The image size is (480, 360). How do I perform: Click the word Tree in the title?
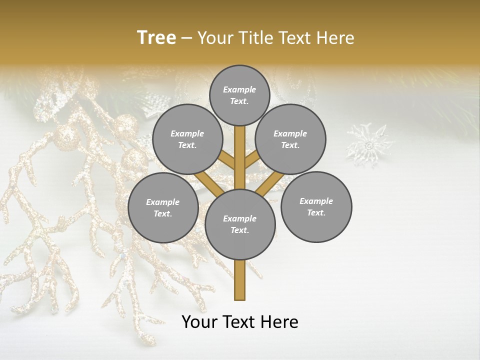pyautogui.click(x=156, y=37)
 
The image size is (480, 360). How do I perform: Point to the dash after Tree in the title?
pyautogui.click(x=186, y=38)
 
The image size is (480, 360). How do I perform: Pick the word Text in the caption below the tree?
pyautogui.click(x=241, y=322)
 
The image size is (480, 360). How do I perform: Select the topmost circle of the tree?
pyautogui.click(x=239, y=95)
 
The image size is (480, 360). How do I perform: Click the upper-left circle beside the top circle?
pyautogui.click(x=187, y=139)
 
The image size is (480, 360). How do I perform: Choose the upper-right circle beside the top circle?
pyautogui.click(x=290, y=139)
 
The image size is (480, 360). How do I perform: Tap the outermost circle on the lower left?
pyautogui.click(x=163, y=207)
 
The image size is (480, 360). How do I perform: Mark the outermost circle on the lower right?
pyautogui.click(x=316, y=206)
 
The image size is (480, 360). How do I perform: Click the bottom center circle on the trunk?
pyautogui.click(x=240, y=224)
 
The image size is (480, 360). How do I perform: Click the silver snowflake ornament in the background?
pyautogui.click(x=370, y=145)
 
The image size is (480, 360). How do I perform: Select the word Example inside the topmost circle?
pyautogui.click(x=239, y=89)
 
